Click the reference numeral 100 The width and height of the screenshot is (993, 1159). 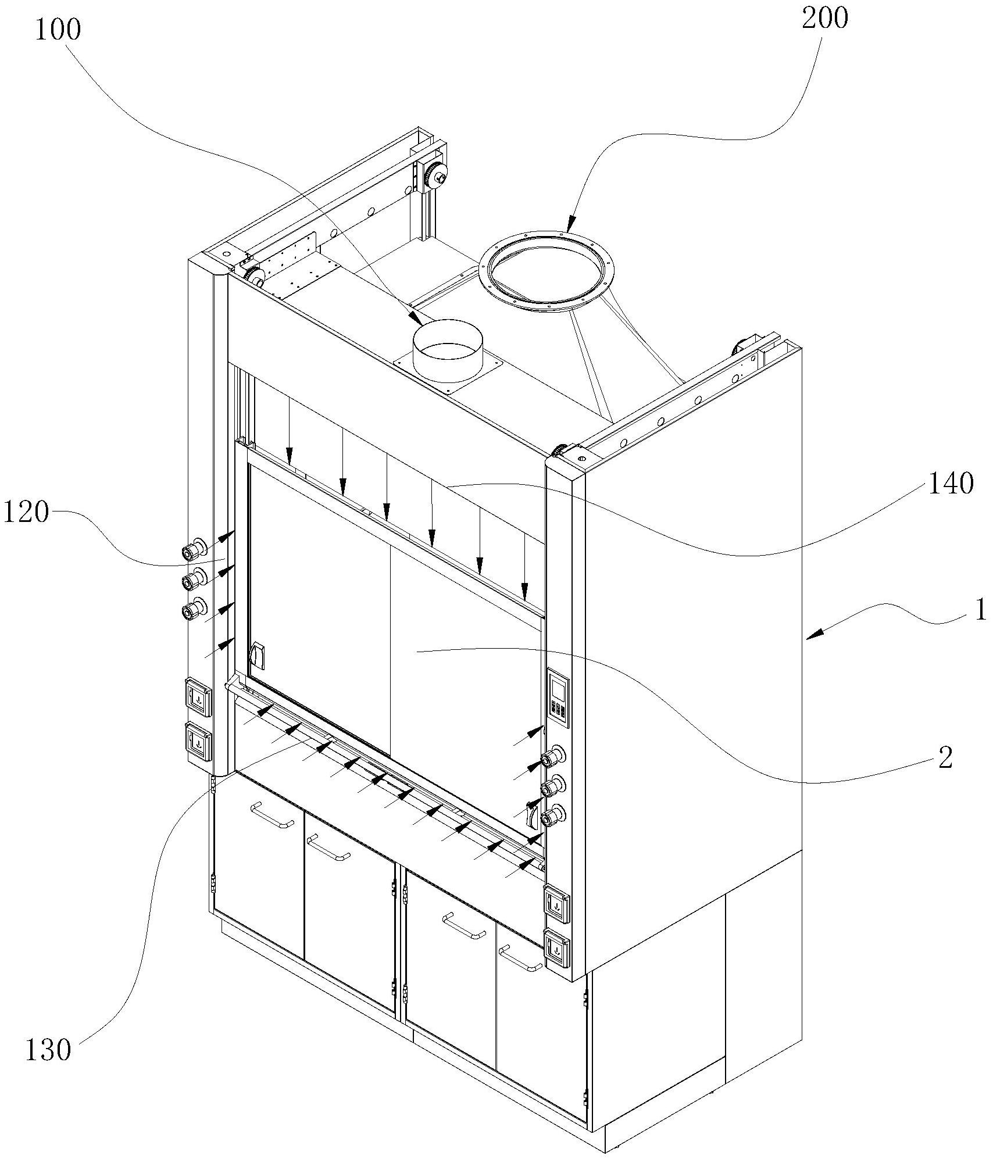(x=58, y=30)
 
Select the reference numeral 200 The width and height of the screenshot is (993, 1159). (x=825, y=19)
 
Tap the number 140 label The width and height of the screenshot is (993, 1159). (x=951, y=484)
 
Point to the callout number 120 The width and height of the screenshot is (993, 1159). (x=26, y=513)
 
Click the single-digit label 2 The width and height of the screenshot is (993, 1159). (x=946, y=759)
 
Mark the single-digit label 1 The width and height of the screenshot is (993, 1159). (x=980, y=610)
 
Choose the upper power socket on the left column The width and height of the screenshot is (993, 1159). (x=199, y=695)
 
